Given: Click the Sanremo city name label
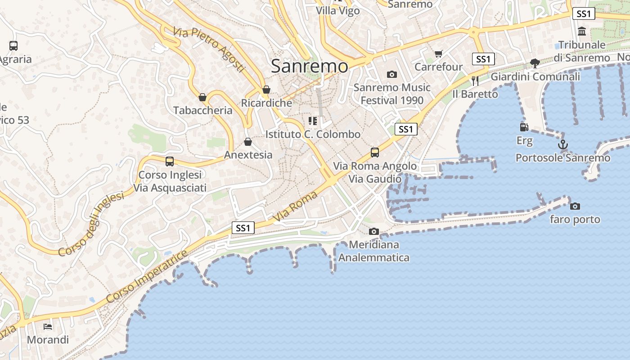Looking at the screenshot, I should click(x=310, y=66).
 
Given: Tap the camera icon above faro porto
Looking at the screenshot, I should click(x=575, y=206).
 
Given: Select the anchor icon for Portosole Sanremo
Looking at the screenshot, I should click(x=562, y=144).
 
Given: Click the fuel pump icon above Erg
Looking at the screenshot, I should click(x=524, y=127).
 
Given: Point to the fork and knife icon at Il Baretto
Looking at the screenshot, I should click(x=475, y=81).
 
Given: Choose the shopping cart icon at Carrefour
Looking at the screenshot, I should click(x=438, y=54).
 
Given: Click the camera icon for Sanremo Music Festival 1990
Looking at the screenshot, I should click(x=391, y=74).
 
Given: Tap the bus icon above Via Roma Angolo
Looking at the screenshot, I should click(x=375, y=152).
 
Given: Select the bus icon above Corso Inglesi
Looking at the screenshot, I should click(x=170, y=161).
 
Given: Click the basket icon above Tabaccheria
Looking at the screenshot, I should click(x=202, y=97).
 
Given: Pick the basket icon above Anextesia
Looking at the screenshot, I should click(x=247, y=142).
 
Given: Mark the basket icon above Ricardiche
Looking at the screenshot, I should click(x=266, y=90).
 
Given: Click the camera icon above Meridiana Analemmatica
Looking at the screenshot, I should click(x=373, y=231).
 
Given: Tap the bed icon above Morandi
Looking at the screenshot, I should click(x=48, y=326).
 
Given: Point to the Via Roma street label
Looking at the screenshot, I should click(x=295, y=207).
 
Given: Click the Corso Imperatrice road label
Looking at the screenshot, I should click(x=147, y=277).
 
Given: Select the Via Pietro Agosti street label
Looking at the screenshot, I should click(x=209, y=49).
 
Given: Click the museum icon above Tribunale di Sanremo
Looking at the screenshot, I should click(x=582, y=31).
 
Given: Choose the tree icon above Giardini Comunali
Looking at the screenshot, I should click(x=535, y=63).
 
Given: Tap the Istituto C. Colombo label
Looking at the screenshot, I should click(x=313, y=134).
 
